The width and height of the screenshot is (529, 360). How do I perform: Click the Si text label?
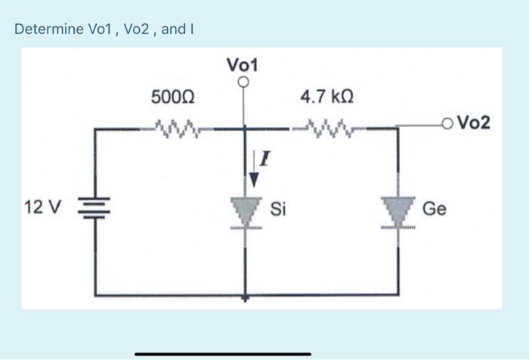click(277, 208)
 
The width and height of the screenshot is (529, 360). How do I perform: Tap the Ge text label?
click(434, 208)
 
